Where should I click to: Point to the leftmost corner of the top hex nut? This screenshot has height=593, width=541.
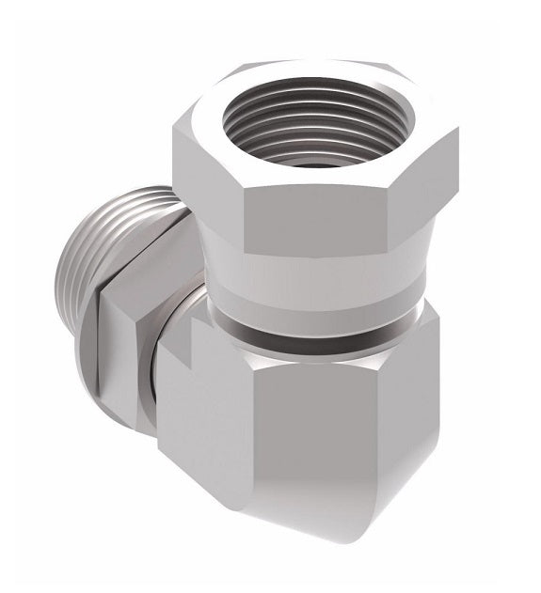click(173, 132)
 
